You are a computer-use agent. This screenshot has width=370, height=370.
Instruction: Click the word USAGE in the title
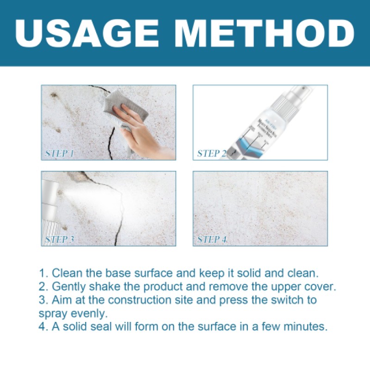[91, 33]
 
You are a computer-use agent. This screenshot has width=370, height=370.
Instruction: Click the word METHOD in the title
[259, 33]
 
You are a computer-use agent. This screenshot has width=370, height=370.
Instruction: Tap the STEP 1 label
[60, 153]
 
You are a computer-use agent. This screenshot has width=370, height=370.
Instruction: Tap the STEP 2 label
[212, 153]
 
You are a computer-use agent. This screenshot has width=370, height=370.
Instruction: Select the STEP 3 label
[60, 239]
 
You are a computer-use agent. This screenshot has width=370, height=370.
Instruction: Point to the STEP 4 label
[212, 239]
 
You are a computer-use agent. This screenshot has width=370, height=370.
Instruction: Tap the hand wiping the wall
[143, 134]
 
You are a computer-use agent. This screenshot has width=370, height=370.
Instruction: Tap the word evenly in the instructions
[91, 313]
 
